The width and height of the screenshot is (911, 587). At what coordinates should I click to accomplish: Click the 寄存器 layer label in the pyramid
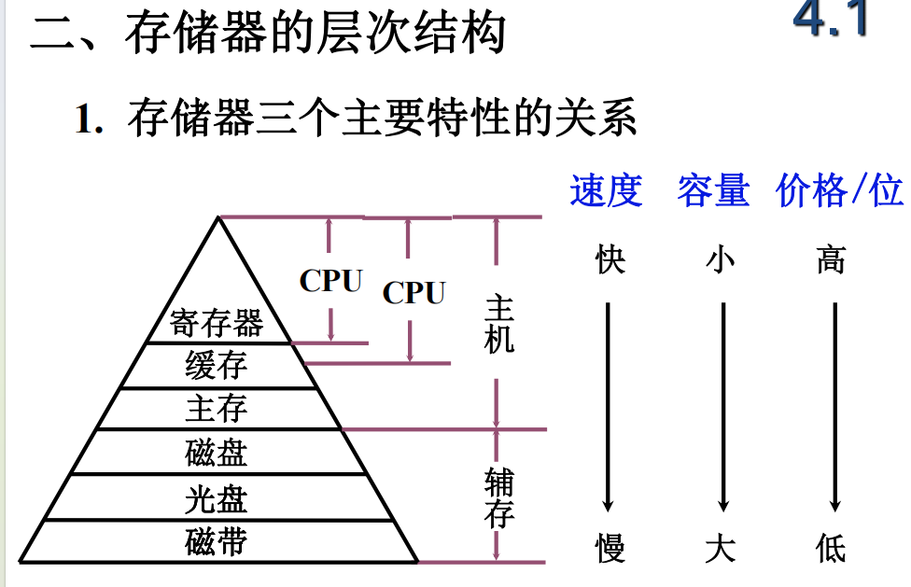[x=217, y=324]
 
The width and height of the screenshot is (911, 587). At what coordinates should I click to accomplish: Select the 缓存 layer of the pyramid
[x=217, y=366]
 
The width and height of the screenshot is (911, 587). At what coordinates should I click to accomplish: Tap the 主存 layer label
[x=217, y=409]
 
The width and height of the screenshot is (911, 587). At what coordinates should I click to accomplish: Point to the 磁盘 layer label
[x=217, y=454]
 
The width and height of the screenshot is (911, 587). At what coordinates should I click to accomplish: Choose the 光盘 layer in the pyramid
[x=217, y=499]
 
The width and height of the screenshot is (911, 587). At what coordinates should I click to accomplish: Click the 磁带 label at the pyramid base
[x=217, y=542]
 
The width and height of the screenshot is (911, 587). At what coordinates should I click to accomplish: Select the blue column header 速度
[x=607, y=190]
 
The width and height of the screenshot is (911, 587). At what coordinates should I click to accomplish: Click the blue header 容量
[x=714, y=190]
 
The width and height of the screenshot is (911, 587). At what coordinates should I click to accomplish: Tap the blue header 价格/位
[x=839, y=190]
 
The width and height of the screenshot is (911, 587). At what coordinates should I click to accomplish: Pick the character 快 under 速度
[x=610, y=259]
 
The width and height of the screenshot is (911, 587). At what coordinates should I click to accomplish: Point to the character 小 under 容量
[x=721, y=259]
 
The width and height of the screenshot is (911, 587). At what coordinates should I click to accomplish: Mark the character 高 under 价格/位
[x=831, y=259]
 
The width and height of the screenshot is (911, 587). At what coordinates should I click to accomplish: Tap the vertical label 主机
[x=499, y=325]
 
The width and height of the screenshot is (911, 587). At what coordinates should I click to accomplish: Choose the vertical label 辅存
[x=499, y=499]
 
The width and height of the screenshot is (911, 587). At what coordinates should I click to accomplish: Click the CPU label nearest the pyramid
[x=330, y=281]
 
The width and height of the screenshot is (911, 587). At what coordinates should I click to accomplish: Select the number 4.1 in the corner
[x=831, y=21]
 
